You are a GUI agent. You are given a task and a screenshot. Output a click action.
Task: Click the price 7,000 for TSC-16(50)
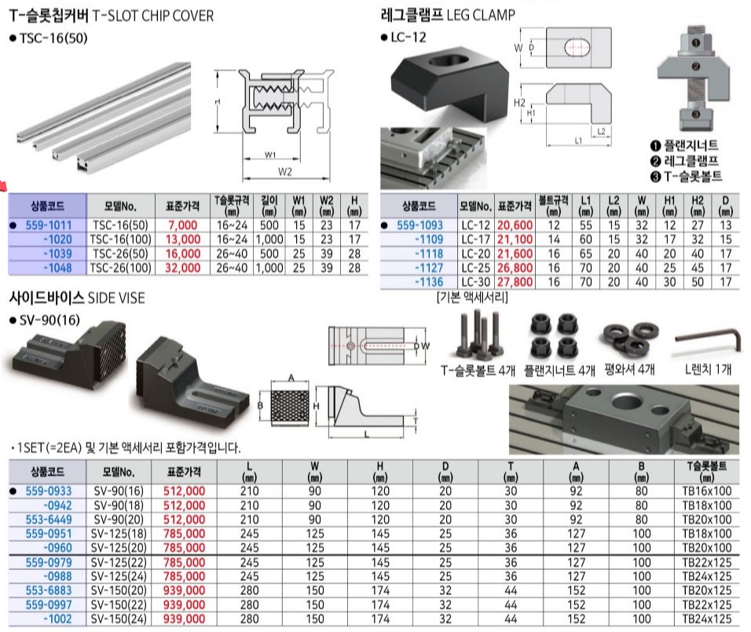click(182, 225)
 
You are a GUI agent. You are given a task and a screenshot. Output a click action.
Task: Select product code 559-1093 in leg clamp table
click(419, 225)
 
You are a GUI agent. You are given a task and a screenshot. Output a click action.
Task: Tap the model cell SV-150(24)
click(119, 619)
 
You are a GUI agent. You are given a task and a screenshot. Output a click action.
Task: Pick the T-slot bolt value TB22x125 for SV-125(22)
click(706, 562)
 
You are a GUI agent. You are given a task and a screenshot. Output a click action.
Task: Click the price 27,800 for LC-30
click(515, 282)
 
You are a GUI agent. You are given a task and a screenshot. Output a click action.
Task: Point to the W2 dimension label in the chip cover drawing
click(285, 171)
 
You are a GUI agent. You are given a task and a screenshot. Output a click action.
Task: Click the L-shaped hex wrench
click(708, 340)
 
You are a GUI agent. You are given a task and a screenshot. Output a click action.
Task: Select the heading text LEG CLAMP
click(481, 16)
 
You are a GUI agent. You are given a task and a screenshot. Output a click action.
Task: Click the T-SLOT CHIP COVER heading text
click(152, 16)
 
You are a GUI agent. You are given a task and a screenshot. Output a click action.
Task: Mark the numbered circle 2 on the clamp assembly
click(695, 67)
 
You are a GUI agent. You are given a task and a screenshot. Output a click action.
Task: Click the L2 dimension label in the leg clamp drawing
click(601, 131)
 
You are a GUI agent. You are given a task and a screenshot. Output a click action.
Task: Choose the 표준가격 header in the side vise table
click(184, 472)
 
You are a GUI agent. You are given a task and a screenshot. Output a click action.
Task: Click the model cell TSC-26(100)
click(121, 268)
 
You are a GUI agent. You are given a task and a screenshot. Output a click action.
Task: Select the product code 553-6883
click(49, 590)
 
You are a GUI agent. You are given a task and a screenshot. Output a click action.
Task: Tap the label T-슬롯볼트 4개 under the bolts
click(478, 370)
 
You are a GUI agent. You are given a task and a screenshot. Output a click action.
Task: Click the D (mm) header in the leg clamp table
click(726, 206)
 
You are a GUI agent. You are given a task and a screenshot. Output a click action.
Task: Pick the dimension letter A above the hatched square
click(291, 378)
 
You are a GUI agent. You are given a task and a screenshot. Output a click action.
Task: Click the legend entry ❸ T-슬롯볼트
click(686, 176)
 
